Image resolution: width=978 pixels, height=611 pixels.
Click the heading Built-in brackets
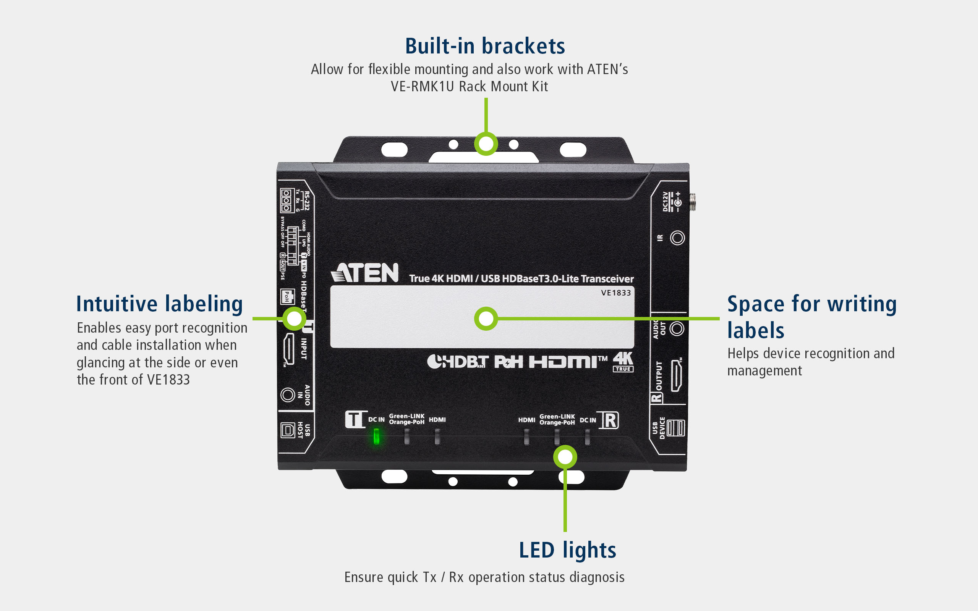(x=485, y=46)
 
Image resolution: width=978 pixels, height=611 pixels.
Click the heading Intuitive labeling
(x=159, y=304)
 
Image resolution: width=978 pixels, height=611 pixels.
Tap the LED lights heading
(x=567, y=550)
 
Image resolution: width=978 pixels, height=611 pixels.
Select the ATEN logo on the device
(x=365, y=273)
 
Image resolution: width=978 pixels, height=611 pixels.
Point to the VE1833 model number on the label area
(x=615, y=293)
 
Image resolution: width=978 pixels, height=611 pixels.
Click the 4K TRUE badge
(x=623, y=362)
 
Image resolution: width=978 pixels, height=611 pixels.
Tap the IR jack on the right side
(x=677, y=238)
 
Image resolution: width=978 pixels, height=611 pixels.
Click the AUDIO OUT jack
(x=677, y=328)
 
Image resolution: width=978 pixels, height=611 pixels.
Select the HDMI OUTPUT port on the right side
(x=676, y=375)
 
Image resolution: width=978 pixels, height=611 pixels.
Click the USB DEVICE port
(x=676, y=428)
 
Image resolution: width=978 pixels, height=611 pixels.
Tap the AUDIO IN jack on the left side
(x=288, y=394)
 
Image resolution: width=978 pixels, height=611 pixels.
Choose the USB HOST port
(x=288, y=430)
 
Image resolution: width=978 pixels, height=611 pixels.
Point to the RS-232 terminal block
(x=286, y=200)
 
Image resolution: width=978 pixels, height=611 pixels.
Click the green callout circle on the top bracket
(x=486, y=144)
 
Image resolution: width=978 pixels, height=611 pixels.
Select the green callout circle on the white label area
(x=486, y=319)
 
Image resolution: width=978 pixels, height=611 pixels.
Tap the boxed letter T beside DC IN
(x=354, y=419)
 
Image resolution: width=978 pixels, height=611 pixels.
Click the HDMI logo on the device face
(x=568, y=362)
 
